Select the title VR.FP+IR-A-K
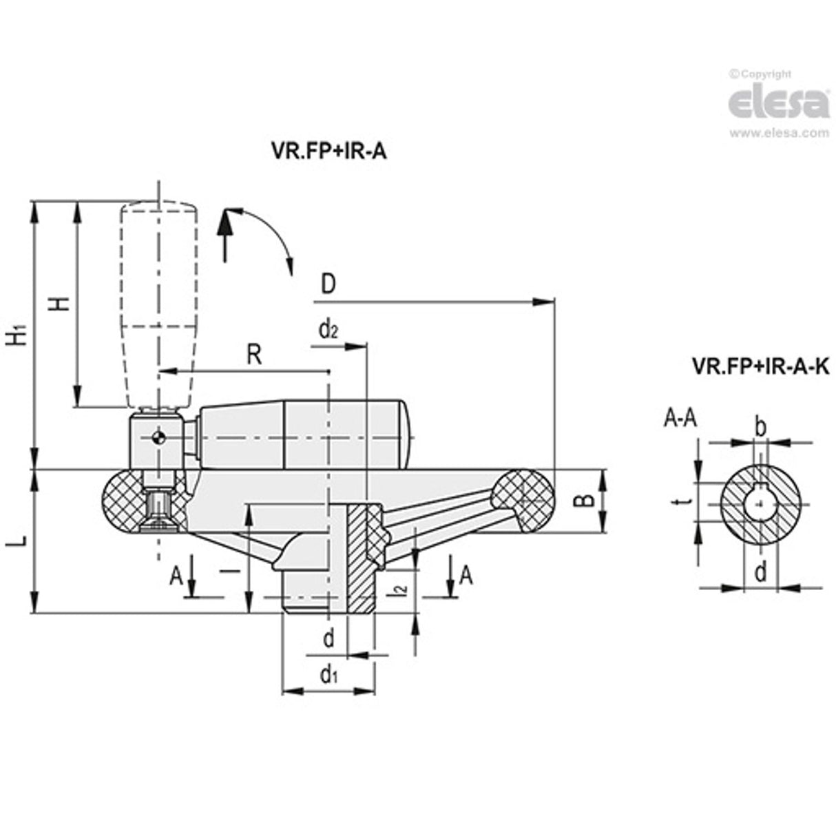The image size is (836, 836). click(x=760, y=367)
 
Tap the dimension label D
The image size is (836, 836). click(x=328, y=284)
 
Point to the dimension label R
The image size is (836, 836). click(x=254, y=355)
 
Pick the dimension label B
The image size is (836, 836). click(x=584, y=500)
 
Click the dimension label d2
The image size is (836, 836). click(x=328, y=331)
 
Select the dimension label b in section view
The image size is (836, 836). click(x=760, y=427)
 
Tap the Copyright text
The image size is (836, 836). click(x=763, y=74)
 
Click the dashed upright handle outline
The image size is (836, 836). click(x=159, y=303)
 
